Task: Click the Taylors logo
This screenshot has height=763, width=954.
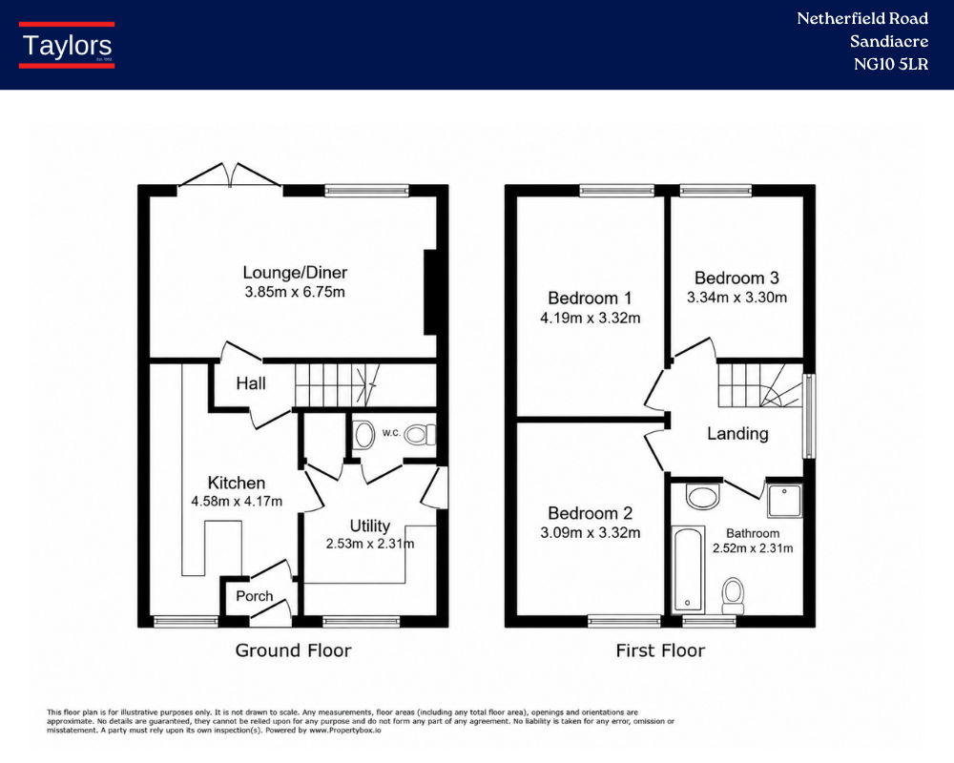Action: coord(67,45)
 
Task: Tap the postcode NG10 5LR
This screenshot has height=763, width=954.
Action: coord(891,64)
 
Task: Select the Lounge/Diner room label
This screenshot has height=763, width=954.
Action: coord(295,272)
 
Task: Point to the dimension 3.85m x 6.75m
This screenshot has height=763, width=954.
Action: coord(295,292)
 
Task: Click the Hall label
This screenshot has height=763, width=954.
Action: coord(251,383)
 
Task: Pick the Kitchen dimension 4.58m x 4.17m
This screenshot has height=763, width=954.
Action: coord(237,502)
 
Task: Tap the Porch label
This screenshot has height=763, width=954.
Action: coord(255,596)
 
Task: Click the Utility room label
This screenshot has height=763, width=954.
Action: coord(370,526)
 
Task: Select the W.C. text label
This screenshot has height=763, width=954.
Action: coord(391,433)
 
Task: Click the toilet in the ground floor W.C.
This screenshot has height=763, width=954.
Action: coord(420,435)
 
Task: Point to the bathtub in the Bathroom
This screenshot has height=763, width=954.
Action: coord(688,569)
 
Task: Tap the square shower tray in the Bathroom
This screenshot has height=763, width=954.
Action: coord(784,501)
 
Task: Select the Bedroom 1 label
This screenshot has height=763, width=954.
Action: coord(591,299)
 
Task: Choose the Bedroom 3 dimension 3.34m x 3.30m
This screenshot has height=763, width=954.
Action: coord(736,298)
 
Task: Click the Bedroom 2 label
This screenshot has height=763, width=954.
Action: coord(591,513)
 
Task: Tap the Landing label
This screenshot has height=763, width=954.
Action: coord(737,434)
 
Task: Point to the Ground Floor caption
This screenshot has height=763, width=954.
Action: coord(293,650)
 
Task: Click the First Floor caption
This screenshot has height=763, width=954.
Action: coord(660,650)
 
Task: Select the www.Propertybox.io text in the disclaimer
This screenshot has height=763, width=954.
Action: coord(345,731)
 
